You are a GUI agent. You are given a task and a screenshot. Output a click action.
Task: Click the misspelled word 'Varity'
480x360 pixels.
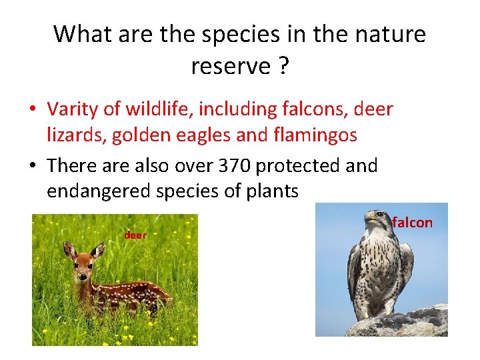pos(70,109)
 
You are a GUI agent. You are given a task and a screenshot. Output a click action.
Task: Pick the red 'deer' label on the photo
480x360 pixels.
pos(135,235)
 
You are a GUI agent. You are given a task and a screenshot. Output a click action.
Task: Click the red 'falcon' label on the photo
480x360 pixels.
pos(412,223)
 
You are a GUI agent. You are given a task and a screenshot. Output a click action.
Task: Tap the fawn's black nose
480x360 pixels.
pos(81,276)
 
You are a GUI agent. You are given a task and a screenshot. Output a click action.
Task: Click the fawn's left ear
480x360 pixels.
pos(69,250)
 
